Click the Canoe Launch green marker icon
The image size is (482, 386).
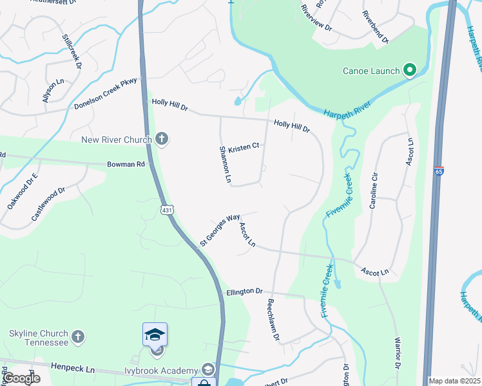[409, 69]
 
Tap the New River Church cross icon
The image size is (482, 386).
[162, 139]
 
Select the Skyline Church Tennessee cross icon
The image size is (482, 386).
[77, 336]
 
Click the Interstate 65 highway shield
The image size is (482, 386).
[439, 172]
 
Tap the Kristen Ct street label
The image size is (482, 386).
[244, 147]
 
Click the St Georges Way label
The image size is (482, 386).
[219, 230]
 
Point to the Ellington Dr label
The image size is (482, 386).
[245, 291]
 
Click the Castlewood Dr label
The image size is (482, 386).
[48, 205]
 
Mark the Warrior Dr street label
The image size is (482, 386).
[398, 352]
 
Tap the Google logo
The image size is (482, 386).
[21, 378]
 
